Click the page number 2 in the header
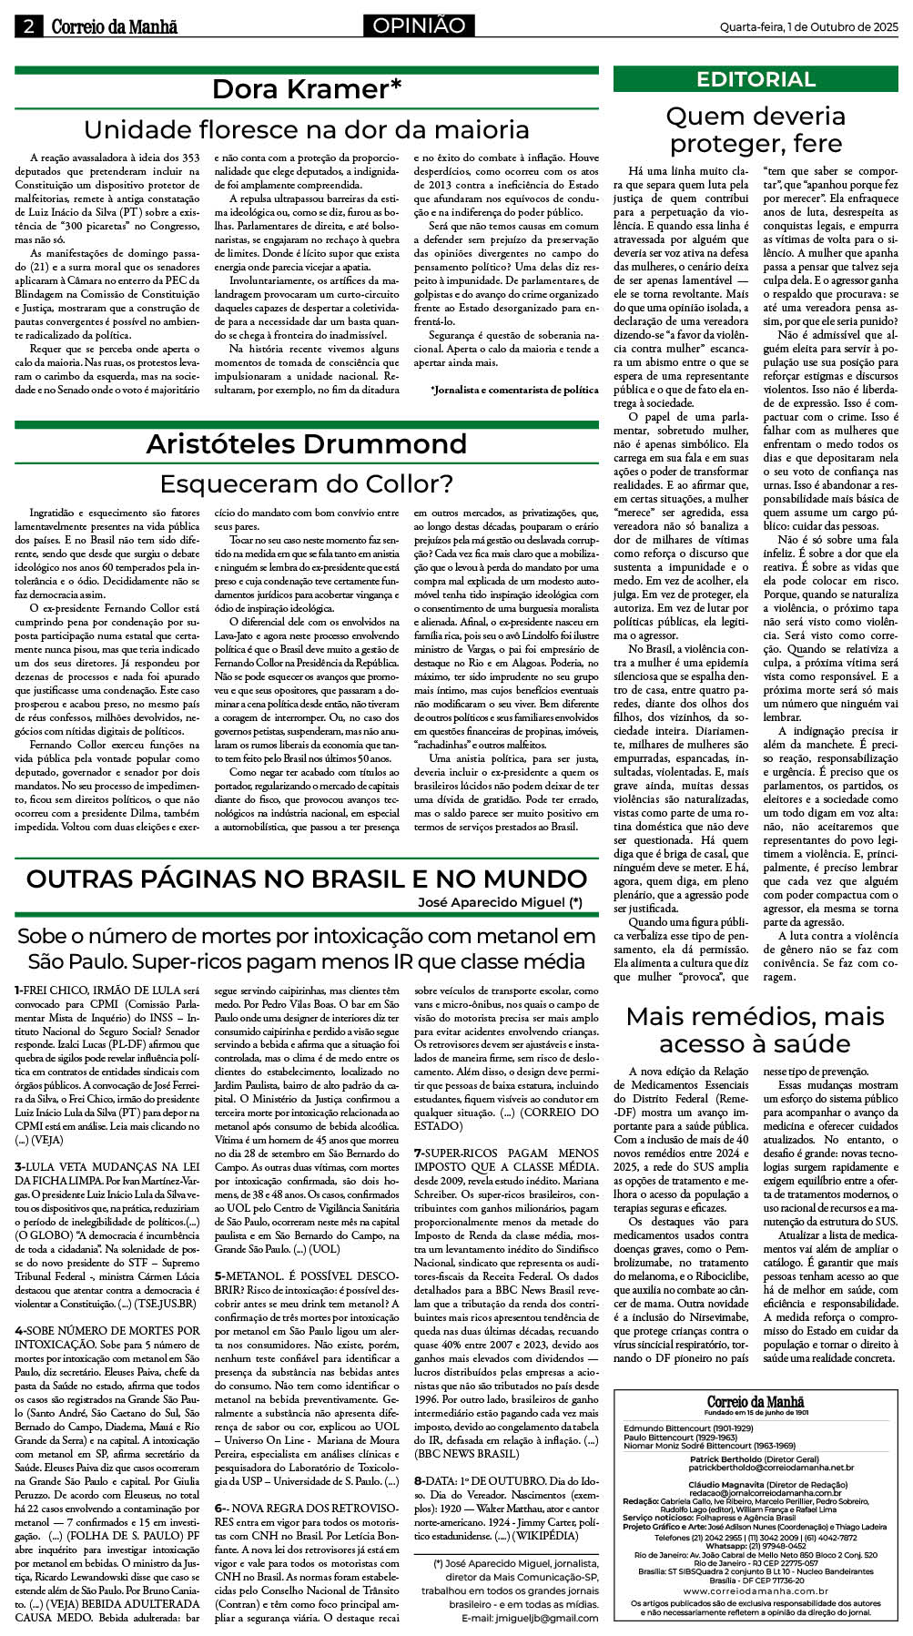click(x=28, y=26)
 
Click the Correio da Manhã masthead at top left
click(x=114, y=26)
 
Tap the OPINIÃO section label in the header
click(x=418, y=26)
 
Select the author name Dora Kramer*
click(x=307, y=89)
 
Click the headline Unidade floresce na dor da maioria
click(x=307, y=129)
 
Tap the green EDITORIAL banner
click(x=756, y=79)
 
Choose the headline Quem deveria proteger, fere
click(x=756, y=129)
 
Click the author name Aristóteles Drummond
click(x=307, y=443)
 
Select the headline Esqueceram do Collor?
click(x=307, y=483)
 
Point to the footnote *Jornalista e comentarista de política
click(x=514, y=390)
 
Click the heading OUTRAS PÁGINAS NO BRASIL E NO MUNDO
click(x=307, y=879)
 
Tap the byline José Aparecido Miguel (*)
click(x=500, y=903)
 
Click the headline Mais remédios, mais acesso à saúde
click(x=756, y=1030)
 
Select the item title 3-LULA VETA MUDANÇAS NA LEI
click(x=107, y=1166)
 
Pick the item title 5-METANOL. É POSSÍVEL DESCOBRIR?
click(x=306, y=1275)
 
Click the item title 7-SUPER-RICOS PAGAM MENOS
click(x=507, y=1153)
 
